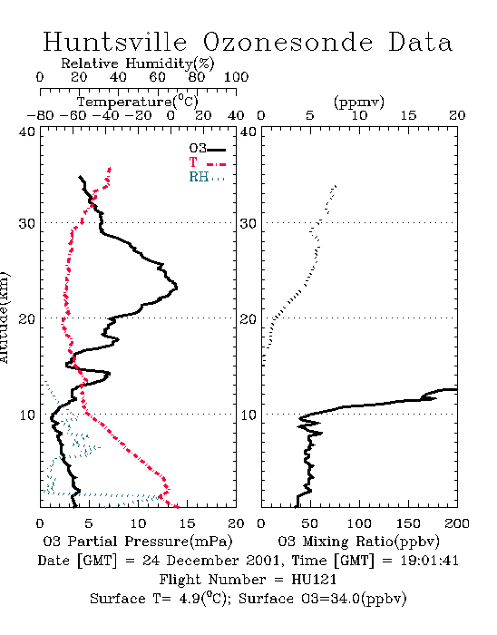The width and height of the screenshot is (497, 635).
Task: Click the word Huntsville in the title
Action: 115,42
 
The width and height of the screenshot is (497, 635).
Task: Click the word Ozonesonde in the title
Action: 287,42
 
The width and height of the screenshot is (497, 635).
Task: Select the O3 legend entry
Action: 207,149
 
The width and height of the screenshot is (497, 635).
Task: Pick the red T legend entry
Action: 207,162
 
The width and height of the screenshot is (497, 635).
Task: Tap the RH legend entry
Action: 207,177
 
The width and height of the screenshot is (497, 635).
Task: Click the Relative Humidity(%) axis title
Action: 138,63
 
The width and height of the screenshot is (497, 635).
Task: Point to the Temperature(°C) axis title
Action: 138,102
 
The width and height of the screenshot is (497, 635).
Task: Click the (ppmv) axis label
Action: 359,102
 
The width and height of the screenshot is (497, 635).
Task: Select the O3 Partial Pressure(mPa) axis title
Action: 138,542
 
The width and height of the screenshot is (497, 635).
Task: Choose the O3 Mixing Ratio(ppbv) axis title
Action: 358,542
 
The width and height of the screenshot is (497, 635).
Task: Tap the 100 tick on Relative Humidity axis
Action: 236,77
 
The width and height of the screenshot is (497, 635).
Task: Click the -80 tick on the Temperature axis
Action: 40,115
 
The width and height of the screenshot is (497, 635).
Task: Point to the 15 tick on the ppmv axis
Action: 408,115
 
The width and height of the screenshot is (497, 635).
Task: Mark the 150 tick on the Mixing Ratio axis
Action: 408,523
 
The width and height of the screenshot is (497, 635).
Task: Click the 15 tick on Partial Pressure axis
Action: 187,523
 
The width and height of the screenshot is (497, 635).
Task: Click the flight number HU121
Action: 314,580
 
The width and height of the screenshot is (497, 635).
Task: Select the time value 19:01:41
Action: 429,561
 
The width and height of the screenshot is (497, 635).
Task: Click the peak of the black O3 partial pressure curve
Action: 177,288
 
